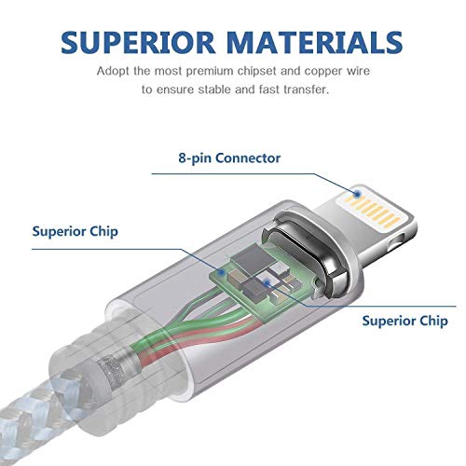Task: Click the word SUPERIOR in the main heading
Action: click(138, 42)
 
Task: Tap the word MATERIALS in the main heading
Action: click(315, 42)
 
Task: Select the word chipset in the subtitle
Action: click(257, 71)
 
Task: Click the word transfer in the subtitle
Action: click(307, 89)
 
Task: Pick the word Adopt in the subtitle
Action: click(113, 71)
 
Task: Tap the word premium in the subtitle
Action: click(210, 72)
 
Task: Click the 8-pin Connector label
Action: click(229, 158)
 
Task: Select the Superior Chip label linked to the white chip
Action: click(404, 321)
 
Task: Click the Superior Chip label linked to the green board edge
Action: click(75, 232)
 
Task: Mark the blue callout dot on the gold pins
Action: click(358, 195)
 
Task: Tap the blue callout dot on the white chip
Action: click(267, 282)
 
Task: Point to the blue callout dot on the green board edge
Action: click(222, 272)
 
